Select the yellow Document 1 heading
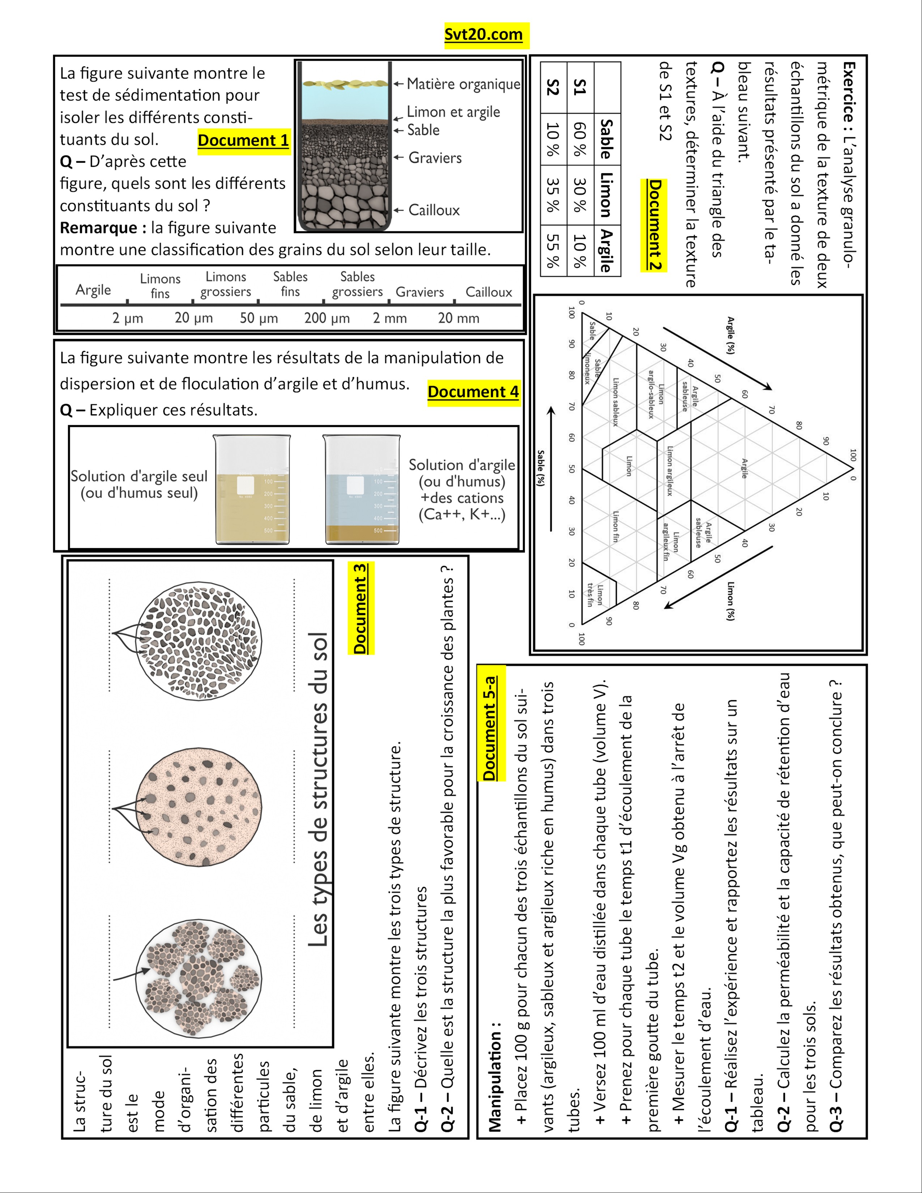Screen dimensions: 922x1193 tap(244, 140)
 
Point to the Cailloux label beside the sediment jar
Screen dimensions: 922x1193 tap(434, 210)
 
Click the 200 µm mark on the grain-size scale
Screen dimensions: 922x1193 tap(326, 318)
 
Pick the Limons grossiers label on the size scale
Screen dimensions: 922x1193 tap(226, 284)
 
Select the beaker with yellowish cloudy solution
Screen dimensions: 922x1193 tap(252, 489)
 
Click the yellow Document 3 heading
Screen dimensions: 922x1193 tap(360, 608)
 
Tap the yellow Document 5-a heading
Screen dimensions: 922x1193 tap(490, 728)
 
